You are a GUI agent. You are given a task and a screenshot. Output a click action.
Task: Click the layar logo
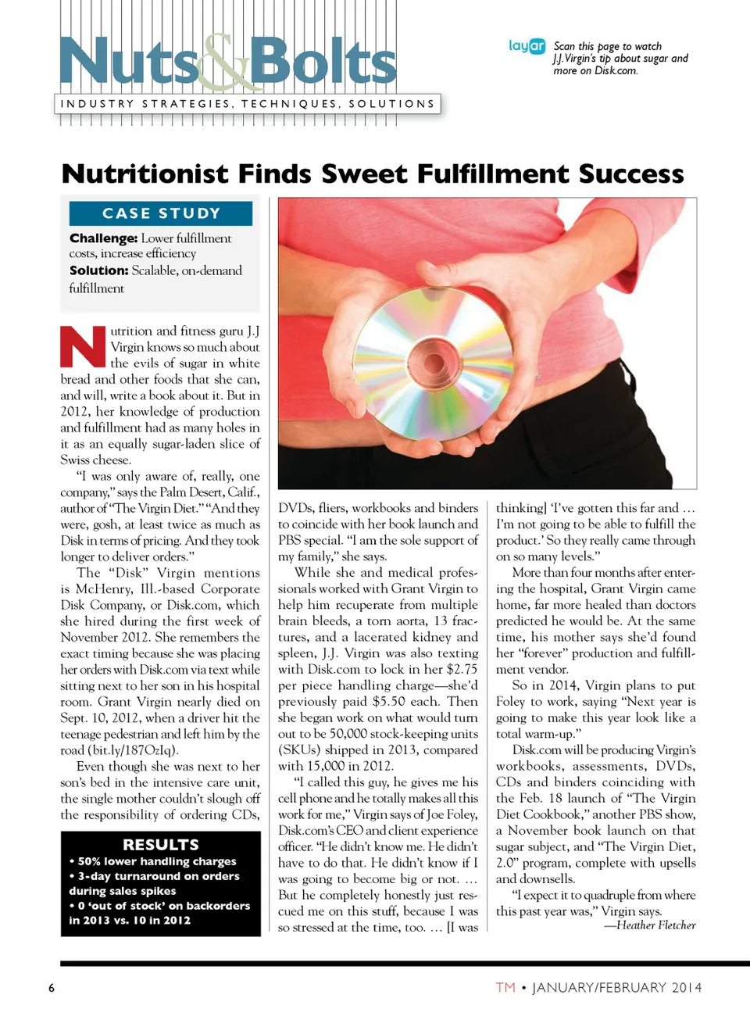coord(527,46)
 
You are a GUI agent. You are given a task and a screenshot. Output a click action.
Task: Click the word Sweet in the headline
coord(363,174)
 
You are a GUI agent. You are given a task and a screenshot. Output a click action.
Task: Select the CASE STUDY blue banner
coord(161,213)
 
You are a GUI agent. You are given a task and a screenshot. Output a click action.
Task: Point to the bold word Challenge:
coord(103,238)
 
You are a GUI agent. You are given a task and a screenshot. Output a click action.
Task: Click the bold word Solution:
coord(98,270)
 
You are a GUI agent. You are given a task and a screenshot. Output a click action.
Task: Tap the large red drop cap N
coord(83,347)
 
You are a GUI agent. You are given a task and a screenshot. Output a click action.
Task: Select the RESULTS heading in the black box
coord(161,844)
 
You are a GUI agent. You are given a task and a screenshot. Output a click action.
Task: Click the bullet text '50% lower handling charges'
coord(156,861)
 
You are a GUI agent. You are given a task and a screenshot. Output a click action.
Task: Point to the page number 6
coord(52,988)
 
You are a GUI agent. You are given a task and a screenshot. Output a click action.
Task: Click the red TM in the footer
coord(505,988)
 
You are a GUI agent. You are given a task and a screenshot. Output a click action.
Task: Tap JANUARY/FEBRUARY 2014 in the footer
coord(617,988)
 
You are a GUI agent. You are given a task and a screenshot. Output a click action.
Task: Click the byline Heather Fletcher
coord(656,925)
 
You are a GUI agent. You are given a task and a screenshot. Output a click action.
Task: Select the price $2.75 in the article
coord(462,669)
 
